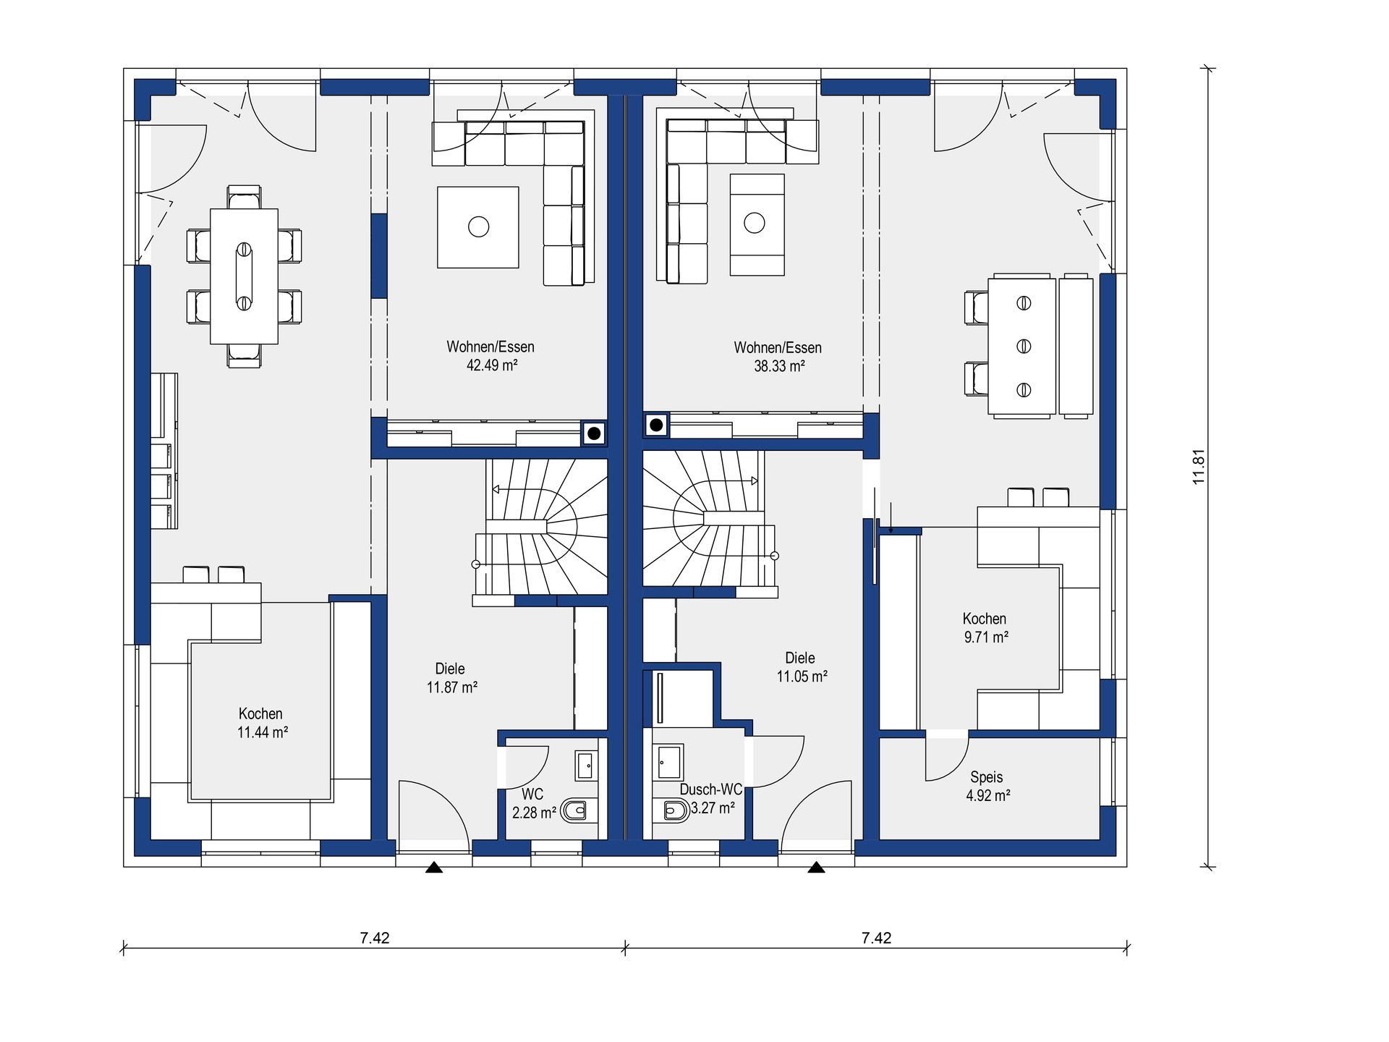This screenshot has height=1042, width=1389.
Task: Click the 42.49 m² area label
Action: (x=492, y=365)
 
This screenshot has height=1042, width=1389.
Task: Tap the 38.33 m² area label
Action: (x=779, y=366)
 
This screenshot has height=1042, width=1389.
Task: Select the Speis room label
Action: (x=987, y=777)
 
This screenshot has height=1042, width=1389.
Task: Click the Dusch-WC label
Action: (x=711, y=789)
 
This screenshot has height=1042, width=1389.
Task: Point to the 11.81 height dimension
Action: (x=1199, y=467)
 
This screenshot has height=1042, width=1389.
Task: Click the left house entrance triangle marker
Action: (x=434, y=867)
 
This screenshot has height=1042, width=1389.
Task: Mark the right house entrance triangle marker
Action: (x=817, y=867)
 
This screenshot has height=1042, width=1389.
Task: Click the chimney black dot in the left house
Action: (x=594, y=433)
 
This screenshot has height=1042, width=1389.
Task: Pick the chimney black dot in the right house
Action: (x=656, y=425)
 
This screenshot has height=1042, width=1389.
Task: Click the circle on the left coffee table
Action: (x=479, y=227)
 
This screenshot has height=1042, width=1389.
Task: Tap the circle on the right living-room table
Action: (x=755, y=223)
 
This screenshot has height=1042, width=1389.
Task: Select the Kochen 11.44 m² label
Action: (x=263, y=723)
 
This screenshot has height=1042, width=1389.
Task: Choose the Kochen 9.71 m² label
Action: (x=985, y=627)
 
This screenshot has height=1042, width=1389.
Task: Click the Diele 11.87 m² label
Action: (x=451, y=678)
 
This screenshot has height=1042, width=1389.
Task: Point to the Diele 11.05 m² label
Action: (x=802, y=667)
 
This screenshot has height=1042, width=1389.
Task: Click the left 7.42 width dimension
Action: (x=375, y=938)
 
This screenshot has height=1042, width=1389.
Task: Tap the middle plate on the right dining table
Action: (x=1024, y=347)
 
